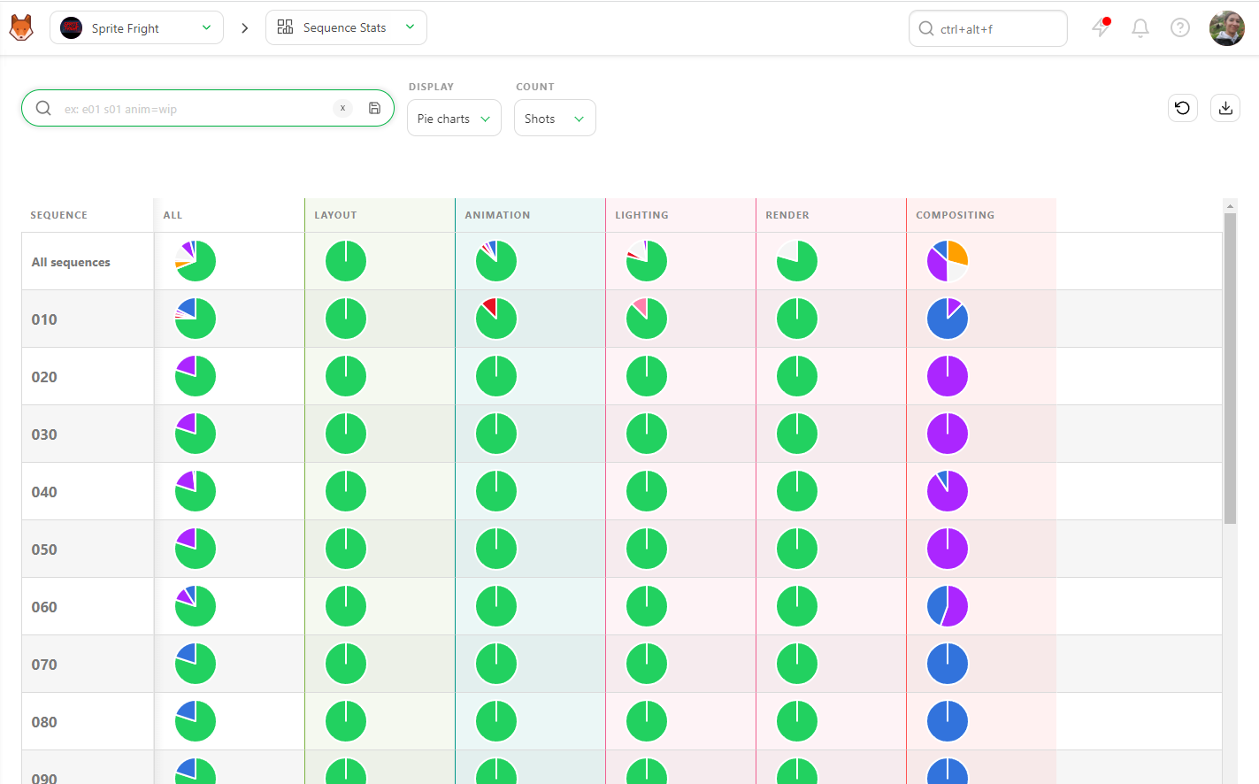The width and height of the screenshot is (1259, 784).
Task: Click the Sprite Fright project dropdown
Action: (x=136, y=28)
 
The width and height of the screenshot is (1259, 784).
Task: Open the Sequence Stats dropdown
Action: (x=346, y=27)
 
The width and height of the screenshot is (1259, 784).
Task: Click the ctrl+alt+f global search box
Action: (x=987, y=28)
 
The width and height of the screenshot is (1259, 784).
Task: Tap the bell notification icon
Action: (x=1140, y=28)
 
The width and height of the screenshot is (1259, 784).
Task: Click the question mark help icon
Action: (x=1179, y=28)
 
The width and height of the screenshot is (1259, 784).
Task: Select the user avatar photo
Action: (x=1226, y=28)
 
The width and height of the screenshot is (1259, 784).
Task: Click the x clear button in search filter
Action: (x=342, y=108)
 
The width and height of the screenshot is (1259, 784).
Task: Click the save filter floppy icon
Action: (x=374, y=108)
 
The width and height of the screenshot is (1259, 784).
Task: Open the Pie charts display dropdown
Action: (x=454, y=118)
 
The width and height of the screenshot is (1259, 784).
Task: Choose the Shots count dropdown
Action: (x=555, y=118)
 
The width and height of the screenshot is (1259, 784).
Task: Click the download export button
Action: (x=1225, y=108)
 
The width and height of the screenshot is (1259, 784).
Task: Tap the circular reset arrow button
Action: (x=1183, y=108)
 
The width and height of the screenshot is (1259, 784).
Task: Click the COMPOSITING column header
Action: (x=955, y=215)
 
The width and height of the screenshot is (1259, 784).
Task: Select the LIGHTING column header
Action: (x=641, y=215)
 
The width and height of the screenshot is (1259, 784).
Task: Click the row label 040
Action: (x=44, y=492)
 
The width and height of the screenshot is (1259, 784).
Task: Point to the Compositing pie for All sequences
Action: (x=947, y=261)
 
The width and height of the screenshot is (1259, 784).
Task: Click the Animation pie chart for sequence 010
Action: (x=495, y=319)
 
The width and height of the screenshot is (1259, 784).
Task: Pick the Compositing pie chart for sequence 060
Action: (x=947, y=606)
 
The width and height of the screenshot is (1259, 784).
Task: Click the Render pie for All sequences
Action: (x=797, y=261)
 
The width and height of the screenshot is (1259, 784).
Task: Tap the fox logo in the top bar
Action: (x=21, y=27)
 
